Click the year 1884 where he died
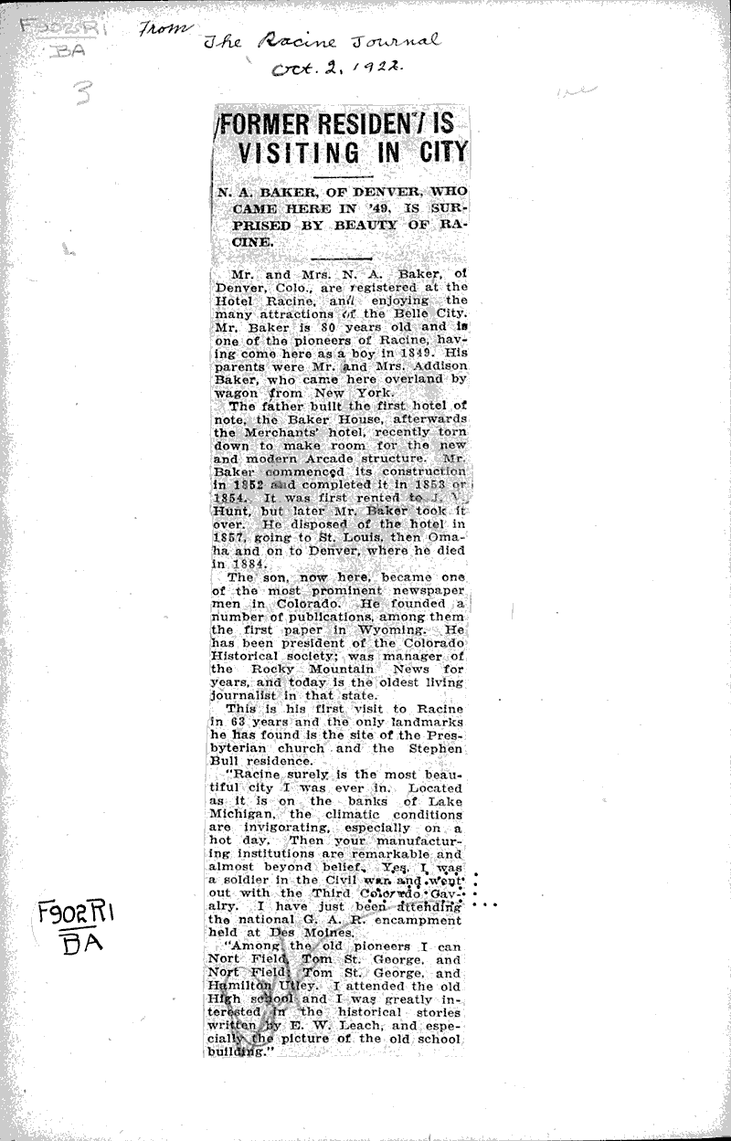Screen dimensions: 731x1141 point(234,564)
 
